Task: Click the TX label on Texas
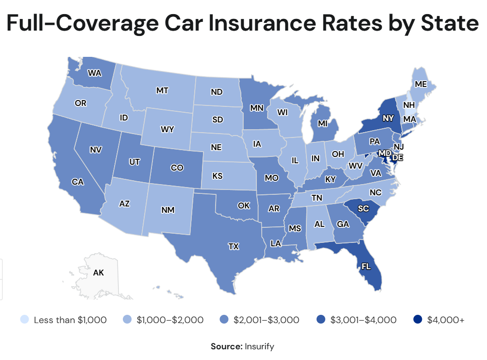coord(234,247)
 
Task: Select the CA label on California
coord(76,182)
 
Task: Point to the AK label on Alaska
coord(99,273)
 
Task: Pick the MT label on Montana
coord(162,90)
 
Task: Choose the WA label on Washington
coord(94,74)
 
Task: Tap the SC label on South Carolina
coord(363,208)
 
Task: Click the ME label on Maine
coord(421,84)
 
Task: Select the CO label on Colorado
coord(177,168)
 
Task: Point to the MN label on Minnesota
coord(257,107)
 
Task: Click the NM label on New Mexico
coord(168,210)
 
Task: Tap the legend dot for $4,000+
coord(417,320)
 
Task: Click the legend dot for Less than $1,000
coord(24,320)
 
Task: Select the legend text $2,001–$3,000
coord(266,320)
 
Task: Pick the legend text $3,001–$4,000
coord(363,320)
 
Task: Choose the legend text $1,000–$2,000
coord(170,320)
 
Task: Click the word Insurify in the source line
coord(260,346)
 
